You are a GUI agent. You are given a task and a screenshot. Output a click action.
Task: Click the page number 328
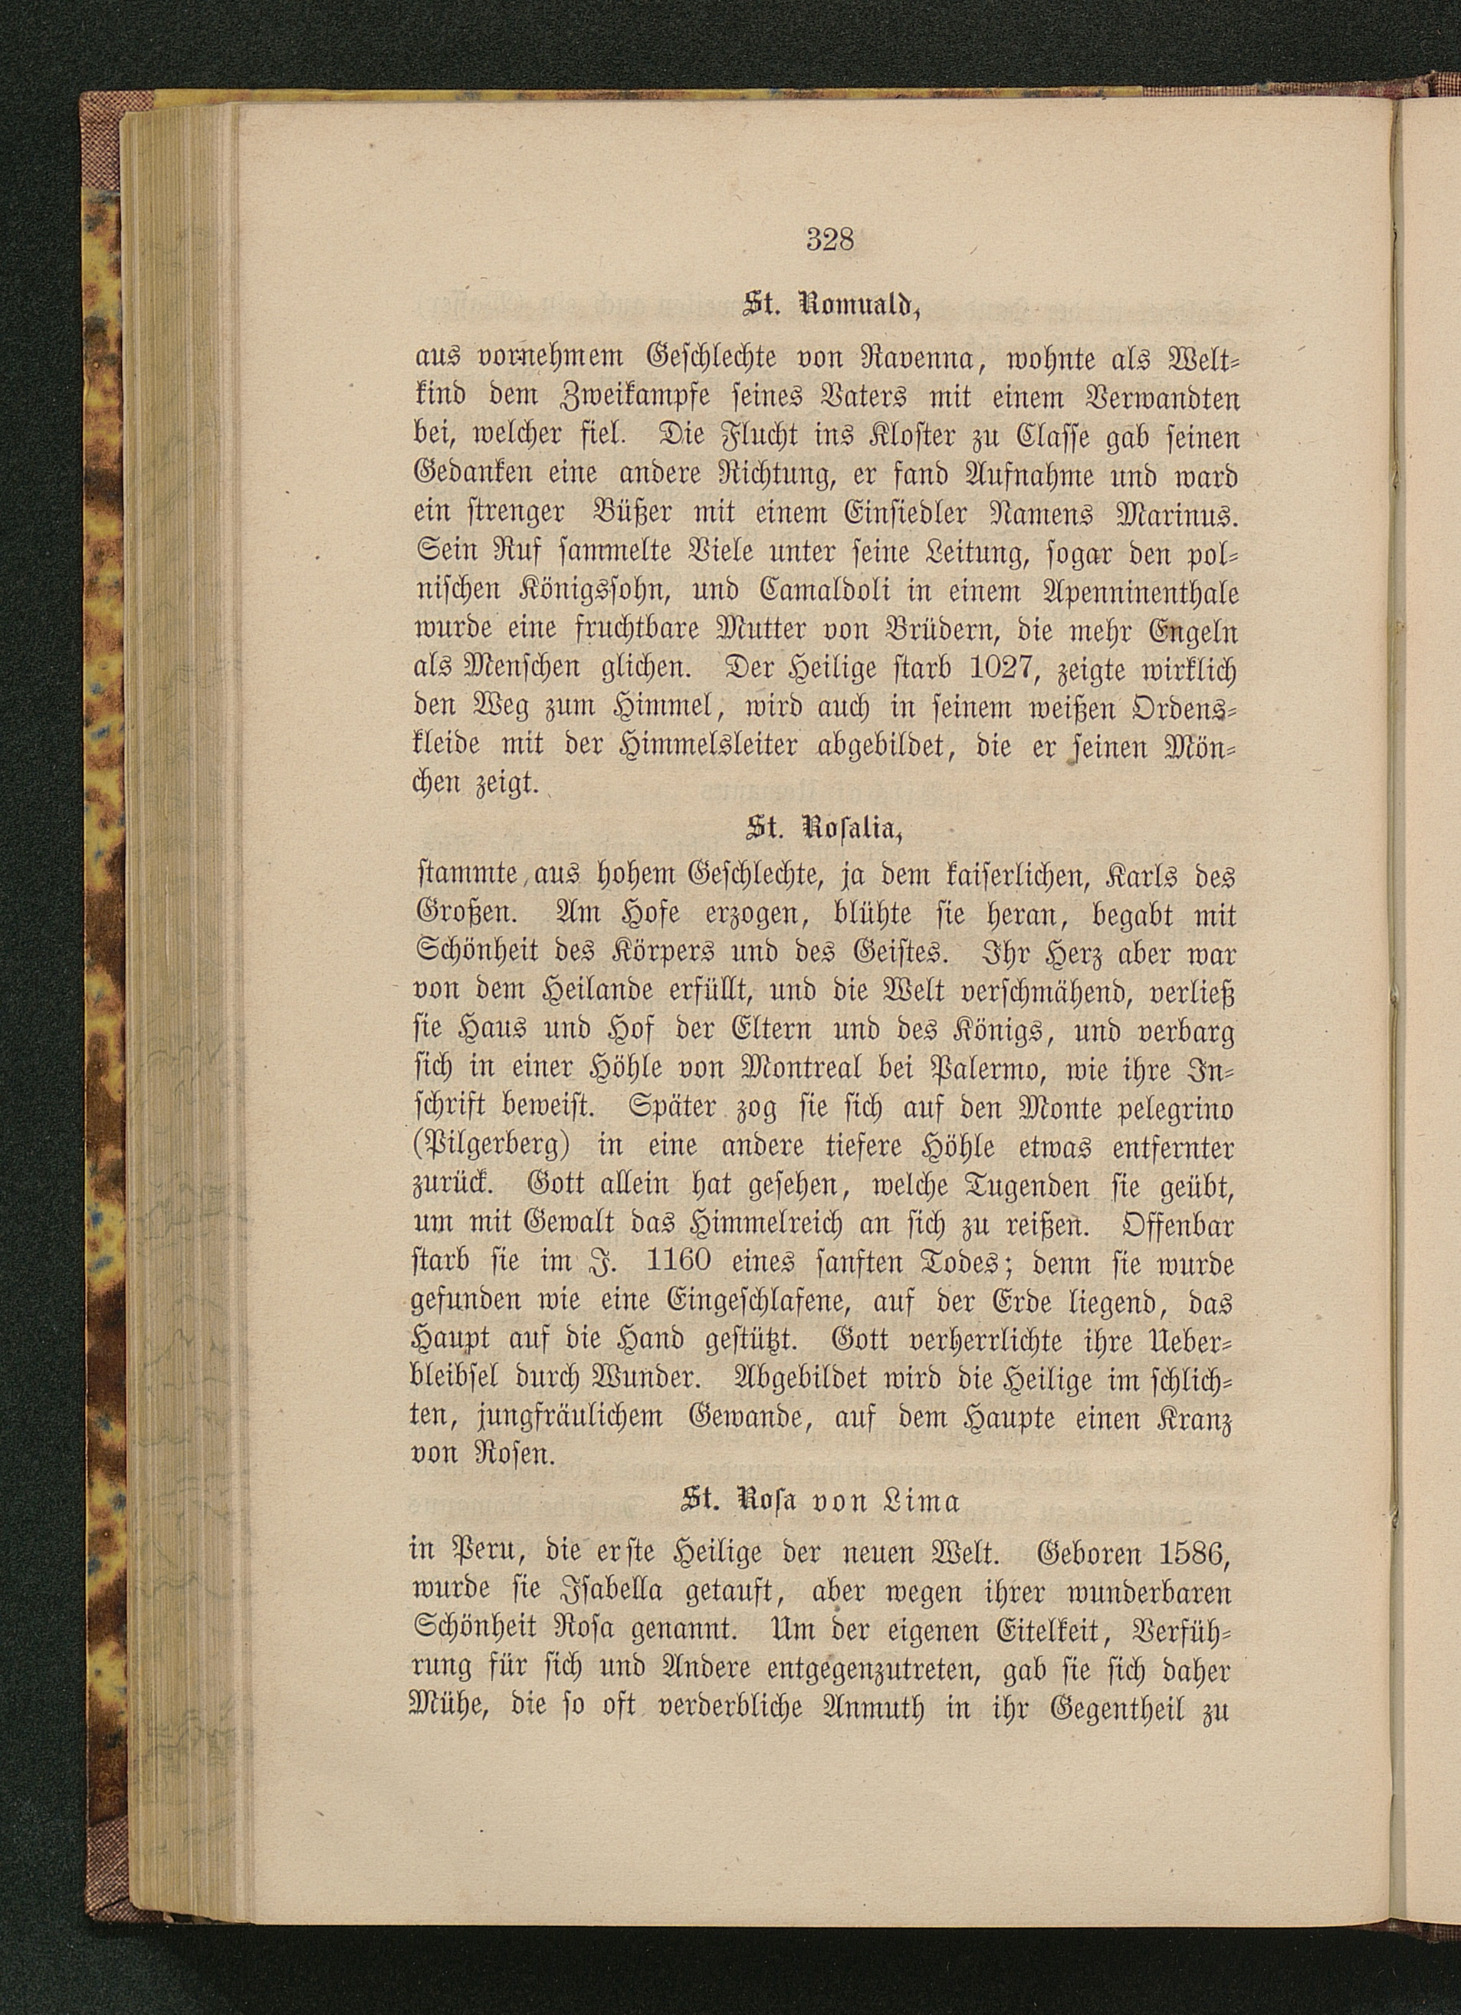(x=830, y=240)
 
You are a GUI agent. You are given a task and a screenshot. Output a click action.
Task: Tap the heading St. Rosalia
(x=823, y=829)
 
